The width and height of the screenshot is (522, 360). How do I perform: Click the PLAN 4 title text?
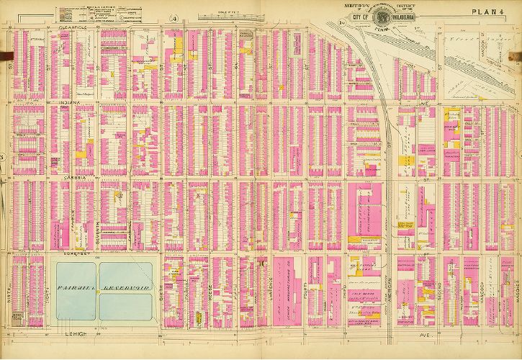click(487, 12)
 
